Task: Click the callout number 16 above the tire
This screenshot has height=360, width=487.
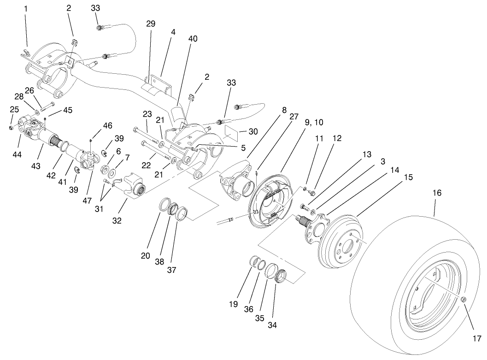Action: click(437, 193)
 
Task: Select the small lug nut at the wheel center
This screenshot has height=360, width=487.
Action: click(464, 300)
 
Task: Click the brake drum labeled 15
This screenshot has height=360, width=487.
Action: click(344, 240)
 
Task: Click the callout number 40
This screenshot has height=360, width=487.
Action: click(193, 39)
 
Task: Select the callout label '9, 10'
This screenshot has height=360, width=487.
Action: click(313, 122)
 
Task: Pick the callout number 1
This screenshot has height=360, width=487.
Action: click(26, 9)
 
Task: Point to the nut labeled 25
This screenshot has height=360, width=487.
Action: click(11, 127)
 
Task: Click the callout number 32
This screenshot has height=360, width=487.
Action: click(117, 220)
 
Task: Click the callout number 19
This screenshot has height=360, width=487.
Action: click(234, 304)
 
